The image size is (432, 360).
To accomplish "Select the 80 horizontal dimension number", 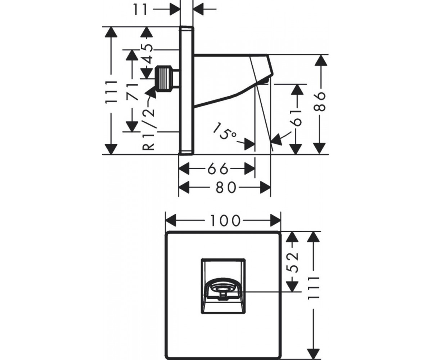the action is coord(226,188).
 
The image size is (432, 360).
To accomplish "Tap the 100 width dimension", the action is coord(225,221).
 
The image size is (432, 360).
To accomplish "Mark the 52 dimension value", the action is coord(293,262).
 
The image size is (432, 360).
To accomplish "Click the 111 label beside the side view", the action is coord(111,92).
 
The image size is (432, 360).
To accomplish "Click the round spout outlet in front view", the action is coord(221,289).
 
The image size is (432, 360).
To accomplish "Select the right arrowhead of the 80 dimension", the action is coord(265,188).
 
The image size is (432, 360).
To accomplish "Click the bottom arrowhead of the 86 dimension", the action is coord(320,148).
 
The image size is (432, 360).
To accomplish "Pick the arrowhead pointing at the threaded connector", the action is coord(152,93).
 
